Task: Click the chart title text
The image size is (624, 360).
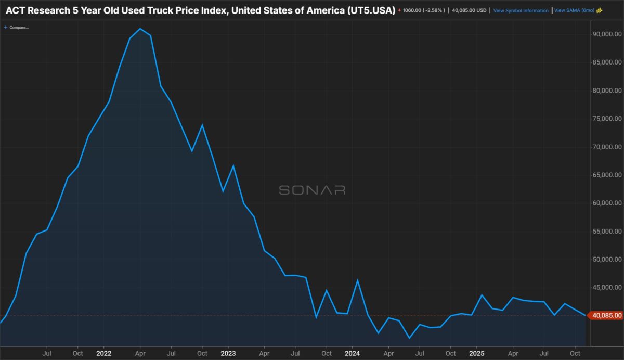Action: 200,10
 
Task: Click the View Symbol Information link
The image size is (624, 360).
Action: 521,10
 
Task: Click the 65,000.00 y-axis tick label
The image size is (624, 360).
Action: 607,175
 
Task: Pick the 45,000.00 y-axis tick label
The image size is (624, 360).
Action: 607,288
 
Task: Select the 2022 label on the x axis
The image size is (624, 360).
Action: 103,353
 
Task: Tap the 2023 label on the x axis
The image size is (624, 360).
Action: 228,353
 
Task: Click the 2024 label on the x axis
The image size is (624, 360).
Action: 352,353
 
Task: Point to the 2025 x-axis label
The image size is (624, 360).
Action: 477,353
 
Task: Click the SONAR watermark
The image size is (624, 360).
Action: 312,190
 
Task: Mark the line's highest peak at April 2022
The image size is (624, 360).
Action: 140,29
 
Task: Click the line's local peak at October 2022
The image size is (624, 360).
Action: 202,125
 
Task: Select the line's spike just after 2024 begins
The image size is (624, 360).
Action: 358,280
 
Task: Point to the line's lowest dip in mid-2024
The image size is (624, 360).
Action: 409,338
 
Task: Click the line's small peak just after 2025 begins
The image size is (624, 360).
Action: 482,295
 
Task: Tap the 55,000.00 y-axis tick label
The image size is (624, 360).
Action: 607,232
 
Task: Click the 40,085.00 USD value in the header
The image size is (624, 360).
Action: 470,10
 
